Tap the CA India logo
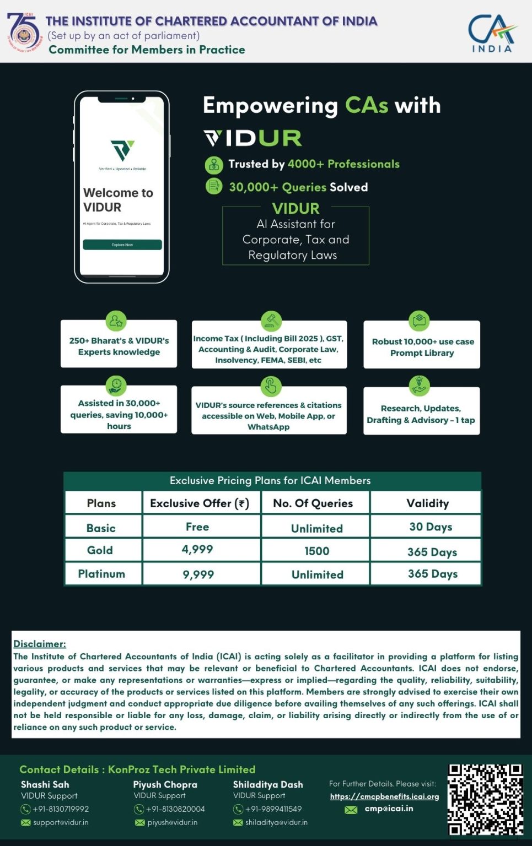(492, 33)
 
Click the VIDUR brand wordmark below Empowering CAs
(253, 138)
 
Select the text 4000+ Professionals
(343, 164)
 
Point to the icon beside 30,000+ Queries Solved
(214, 187)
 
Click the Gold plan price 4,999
(197, 550)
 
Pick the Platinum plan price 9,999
(198, 574)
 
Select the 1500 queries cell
(316, 551)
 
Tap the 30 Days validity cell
(431, 527)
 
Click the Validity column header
(427, 503)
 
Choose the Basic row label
(101, 528)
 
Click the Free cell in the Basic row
(197, 527)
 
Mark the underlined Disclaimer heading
(40, 644)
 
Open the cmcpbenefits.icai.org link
(384, 796)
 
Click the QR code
(485, 799)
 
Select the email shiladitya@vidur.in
(276, 822)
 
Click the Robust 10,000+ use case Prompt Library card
(422, 346)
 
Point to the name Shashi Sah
(45, 784)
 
